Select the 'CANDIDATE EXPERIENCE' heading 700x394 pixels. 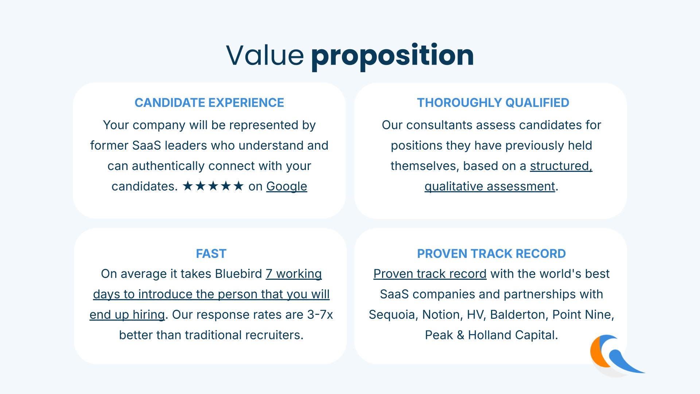point(209,103)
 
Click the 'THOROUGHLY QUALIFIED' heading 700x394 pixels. point(493,103)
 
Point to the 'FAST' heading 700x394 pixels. point(211,254)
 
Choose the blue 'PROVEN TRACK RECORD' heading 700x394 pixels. point(491,254)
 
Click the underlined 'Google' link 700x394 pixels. point(287,186)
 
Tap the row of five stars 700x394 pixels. point(213,186)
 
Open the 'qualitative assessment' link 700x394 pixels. point(490,186)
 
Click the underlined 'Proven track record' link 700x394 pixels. point(430,274)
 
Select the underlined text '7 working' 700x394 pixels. point(294,274)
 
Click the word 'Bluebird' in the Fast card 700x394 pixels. point(238,274)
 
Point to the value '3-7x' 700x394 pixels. point(320,314)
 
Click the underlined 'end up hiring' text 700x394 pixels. point(127,315)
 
